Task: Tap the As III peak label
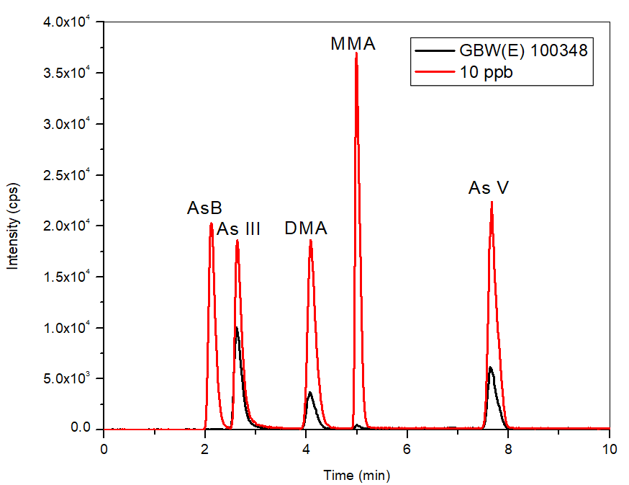click(239, 230)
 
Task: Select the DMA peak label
click(306, 229)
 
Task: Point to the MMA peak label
click(353, 44)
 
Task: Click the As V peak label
click(489, 189)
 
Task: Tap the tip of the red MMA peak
click(356, 53)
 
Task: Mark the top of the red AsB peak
click(211, 223)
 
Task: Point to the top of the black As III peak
click(237, 327)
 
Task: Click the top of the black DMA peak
click(309, 393)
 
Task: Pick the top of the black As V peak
click(490, 368)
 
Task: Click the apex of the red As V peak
click(492, 202)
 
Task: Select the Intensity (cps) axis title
click(13, 225)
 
